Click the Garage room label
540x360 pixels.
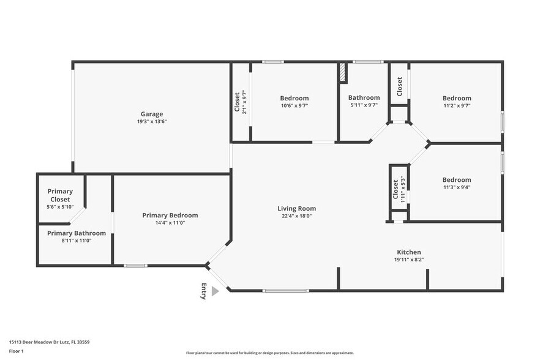(152, 114)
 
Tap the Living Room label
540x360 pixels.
(296, 208)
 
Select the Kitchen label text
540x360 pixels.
(409, 252)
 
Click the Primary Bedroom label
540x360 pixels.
(170, 215)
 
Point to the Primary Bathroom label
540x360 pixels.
(77, 233)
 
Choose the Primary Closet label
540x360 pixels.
(60, 195)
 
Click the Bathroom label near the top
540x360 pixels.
(364, 97)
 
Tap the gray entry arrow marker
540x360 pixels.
(215, 291)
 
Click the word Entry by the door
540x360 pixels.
(204, 291)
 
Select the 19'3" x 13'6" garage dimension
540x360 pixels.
(152, 122)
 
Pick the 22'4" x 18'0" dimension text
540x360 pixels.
(296, 216)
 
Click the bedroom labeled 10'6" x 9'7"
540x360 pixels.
(294, 101)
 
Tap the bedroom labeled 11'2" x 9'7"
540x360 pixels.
(457, 101)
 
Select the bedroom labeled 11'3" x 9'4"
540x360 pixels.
(457, 183)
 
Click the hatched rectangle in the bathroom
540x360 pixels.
(343, 73)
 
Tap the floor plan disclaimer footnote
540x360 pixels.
(269, 353)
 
